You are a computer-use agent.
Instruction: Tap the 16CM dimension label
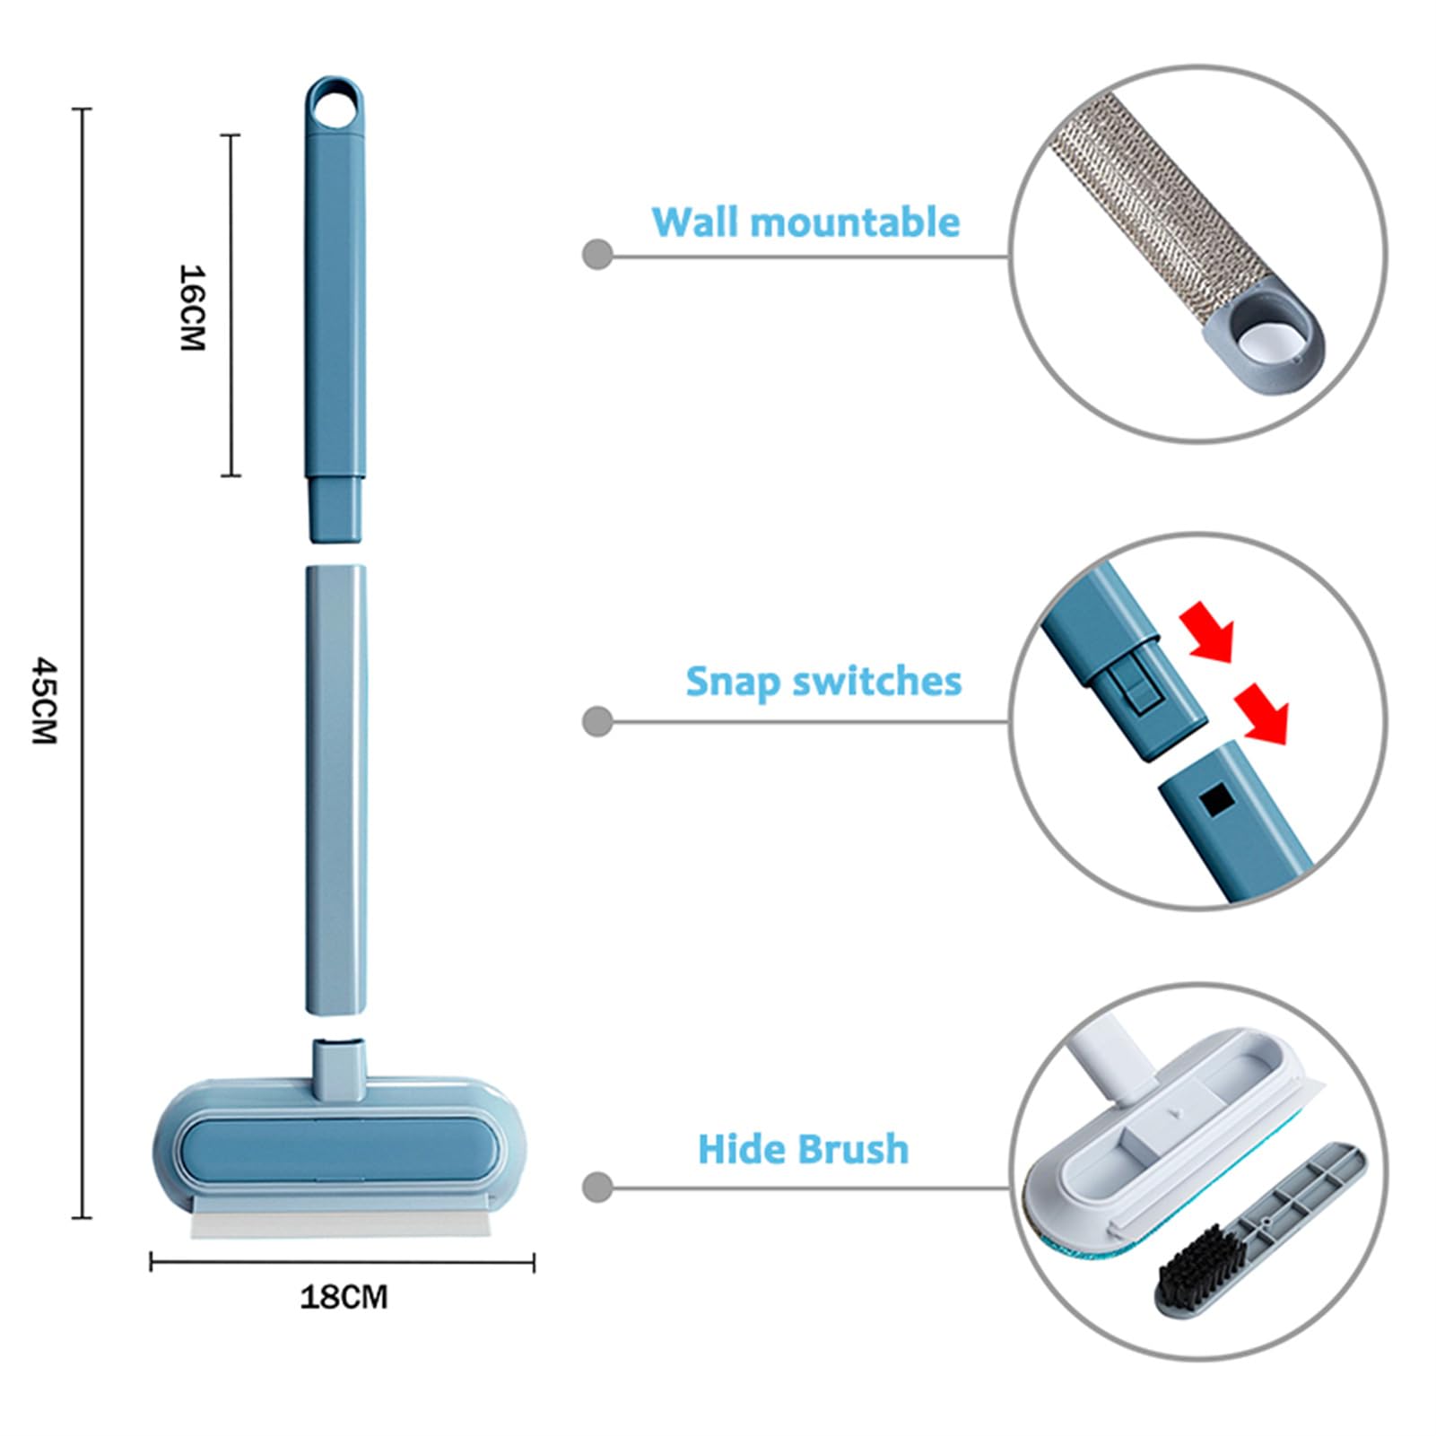(x=193, y=307)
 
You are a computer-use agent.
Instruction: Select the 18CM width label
(x=344, y=1297)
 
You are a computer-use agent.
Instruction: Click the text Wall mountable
(x=805, y=222)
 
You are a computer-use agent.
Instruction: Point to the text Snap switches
(x=823, y=681)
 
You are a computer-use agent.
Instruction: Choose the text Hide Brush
(x=803, y=1149)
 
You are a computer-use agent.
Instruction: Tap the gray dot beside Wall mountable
(x=597, y=255)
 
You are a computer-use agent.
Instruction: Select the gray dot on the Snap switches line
(x=597, y=721)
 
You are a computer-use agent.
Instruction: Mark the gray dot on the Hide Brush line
(x=597, y=1188)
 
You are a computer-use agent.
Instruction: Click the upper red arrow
(x=1208, y=631)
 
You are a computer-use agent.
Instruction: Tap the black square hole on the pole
(x=1216, y=798)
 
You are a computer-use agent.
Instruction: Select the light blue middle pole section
(x=336, y=790)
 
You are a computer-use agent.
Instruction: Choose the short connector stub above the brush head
(x=339, y=1067)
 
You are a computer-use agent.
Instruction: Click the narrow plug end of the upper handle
(x=336, y=509)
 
